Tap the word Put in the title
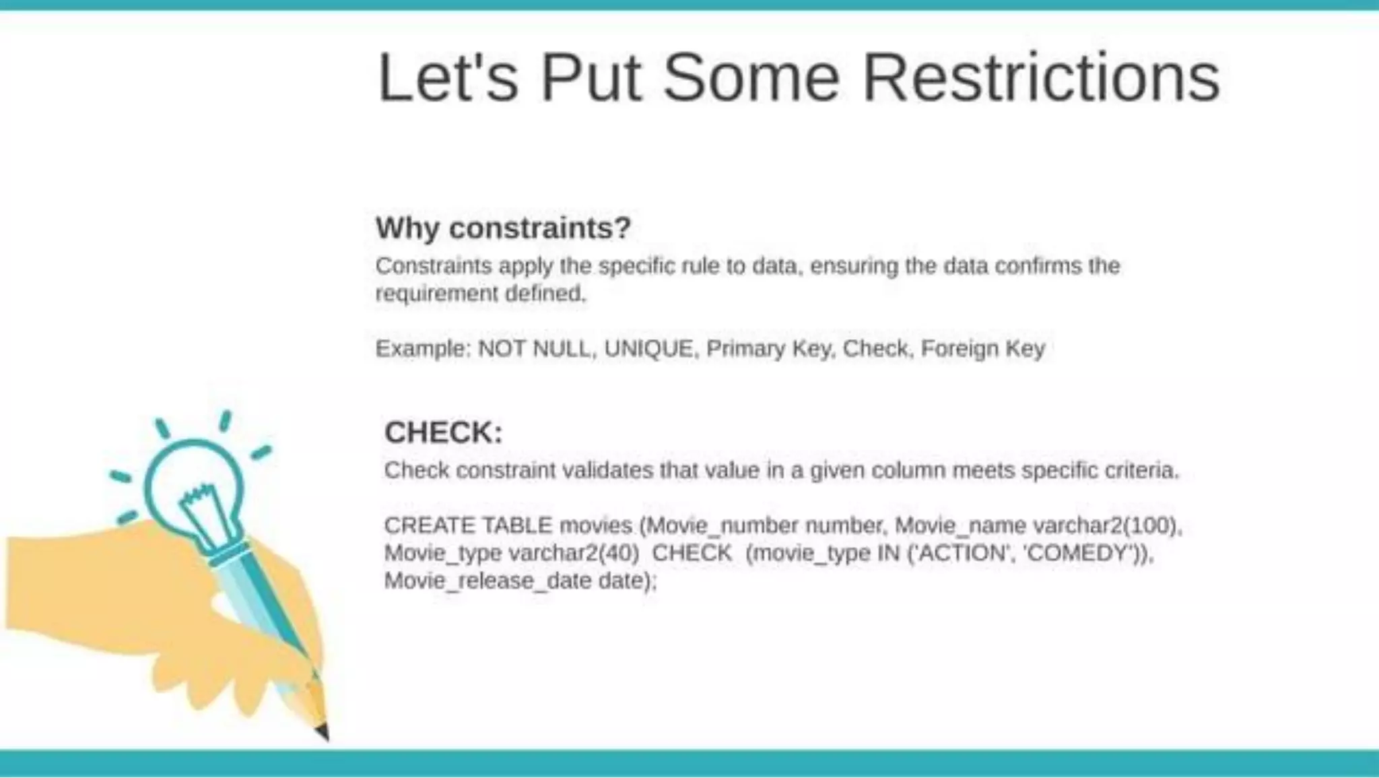point(591,78)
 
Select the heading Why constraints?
point(503,228)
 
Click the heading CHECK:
point(443,432)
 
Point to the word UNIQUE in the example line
point(648,349)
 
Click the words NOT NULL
point(533,349)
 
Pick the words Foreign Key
point(982,349)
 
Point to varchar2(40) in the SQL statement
point(574,553)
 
